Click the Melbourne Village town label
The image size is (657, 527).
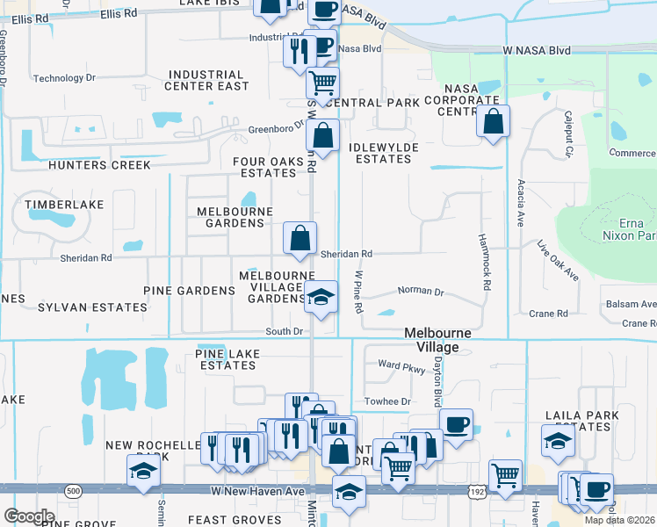click(437, 340)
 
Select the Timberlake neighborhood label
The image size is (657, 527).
click(64, 205)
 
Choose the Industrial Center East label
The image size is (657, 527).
click(207, 81)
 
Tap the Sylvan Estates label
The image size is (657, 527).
click(92, 307)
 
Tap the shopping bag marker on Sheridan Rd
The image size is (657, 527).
click(300, 237)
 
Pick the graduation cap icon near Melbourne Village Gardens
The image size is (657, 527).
click(321, 296)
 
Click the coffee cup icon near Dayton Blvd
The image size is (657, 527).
click(456, 425)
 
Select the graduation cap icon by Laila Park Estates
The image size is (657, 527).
click(558, 440)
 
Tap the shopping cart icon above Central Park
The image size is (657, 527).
click(323, 82)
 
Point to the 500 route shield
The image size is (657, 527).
click(73, 489)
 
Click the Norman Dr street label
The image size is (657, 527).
click(421, 291)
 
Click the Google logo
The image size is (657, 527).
click(29, 516)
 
